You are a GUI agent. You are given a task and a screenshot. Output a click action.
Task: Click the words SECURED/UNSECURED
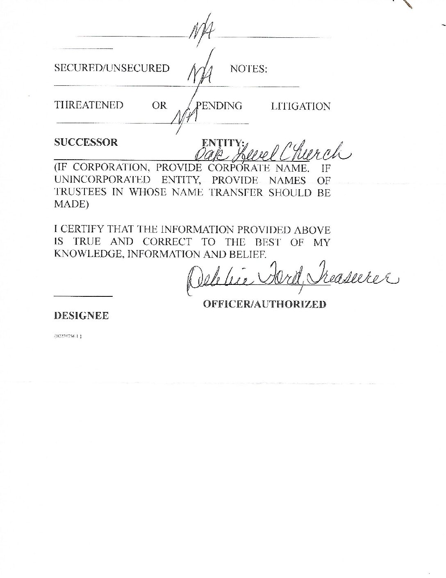pos(112,68)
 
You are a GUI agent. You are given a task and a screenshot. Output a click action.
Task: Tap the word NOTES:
pos(248,69)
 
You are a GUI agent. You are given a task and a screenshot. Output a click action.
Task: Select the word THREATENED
pos(89,106)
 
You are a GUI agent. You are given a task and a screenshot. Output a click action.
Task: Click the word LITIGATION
pos(300,106)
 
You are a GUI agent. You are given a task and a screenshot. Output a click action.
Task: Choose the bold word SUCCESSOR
pos(86,142)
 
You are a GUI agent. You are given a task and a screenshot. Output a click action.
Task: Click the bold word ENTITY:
pos(223,143)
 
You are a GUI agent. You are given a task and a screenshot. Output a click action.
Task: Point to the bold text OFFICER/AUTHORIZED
pos(264,304)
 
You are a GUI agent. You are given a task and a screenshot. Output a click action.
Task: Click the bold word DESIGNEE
pos(81,316)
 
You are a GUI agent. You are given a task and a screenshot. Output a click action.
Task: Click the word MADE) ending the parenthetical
pos(71,205)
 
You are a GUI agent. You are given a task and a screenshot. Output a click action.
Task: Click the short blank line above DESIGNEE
pos(83,296)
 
